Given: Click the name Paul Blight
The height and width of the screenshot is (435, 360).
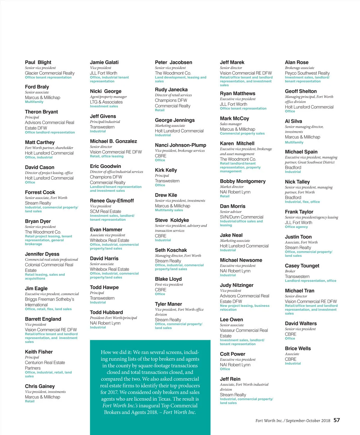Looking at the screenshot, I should [x=38, y=62].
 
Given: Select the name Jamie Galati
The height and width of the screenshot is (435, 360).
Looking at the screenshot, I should [x=104, y=62].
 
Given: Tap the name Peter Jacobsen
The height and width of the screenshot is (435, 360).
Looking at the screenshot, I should [x=173, y=62].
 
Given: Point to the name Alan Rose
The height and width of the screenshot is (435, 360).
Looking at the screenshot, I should [x=296, y=62].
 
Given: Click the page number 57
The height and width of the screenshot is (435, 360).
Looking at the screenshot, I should [x=337, y=420].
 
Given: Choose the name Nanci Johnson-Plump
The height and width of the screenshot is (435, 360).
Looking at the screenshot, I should [x=180, y=145].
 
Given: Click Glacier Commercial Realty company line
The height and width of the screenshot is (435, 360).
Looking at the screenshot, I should [x=49, y=73].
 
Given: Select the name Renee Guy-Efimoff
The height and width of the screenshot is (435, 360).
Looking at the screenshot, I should [x=112, y=201].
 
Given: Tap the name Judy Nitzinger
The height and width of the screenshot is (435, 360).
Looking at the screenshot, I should [x=236, y=285].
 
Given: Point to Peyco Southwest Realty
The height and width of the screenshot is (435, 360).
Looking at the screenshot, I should [x=307, y=73].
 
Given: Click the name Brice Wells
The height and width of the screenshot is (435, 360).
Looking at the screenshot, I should [x=298, y=349].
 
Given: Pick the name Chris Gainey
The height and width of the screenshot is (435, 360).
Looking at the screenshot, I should [x=40, y=386].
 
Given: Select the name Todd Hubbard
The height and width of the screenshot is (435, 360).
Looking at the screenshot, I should [x=106, y=312].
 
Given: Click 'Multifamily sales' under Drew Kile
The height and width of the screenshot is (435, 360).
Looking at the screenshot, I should [x=169, y=210].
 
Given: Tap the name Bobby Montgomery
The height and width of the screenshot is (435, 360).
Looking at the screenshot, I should [x=242, y=181].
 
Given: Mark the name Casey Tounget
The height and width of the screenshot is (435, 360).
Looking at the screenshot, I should [x=302, y=266].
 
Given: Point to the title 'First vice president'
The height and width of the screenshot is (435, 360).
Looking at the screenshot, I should [x=169, y=285].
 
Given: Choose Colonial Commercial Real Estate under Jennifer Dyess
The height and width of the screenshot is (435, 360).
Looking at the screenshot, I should [x=49, y=268].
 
